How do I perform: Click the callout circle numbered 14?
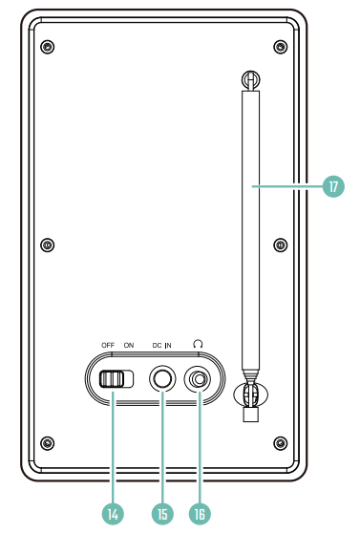[113, 514]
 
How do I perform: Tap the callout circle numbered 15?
[162, 514]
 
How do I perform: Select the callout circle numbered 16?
[200, 514]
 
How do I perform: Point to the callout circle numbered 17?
[333, 186]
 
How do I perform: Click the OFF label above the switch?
[108, 346]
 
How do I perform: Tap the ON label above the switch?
[129, 346]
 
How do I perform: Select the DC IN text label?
[161, 346]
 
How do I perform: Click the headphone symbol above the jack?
[198, 344]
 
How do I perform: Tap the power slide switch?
[116, 379]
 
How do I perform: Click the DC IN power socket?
[162, 378]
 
